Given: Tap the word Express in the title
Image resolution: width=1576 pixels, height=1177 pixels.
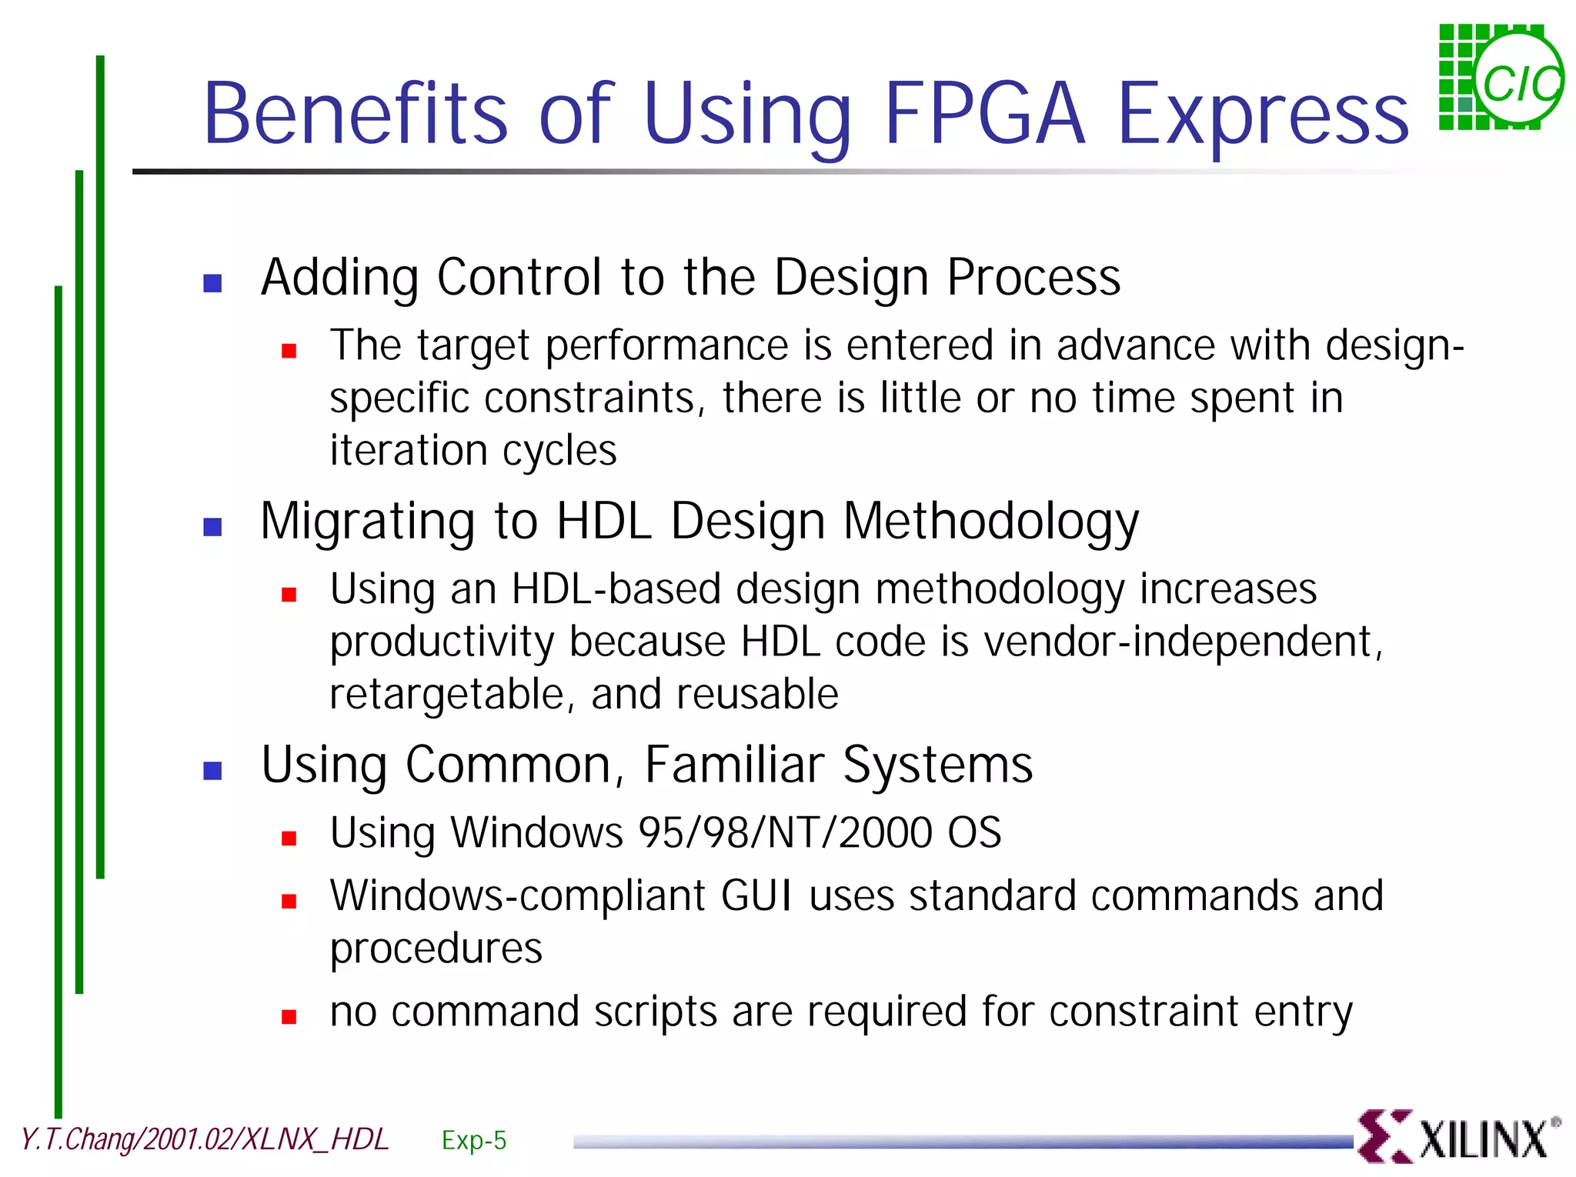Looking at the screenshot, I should (1262, 115).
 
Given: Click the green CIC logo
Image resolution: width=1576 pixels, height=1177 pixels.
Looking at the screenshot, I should (1501, 78).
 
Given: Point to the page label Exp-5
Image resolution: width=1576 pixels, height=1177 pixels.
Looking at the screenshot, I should (474, 1140).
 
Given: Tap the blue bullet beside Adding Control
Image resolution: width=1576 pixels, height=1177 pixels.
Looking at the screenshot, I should (212, 283).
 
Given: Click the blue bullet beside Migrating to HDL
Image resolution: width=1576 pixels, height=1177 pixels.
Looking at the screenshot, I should (212, 527).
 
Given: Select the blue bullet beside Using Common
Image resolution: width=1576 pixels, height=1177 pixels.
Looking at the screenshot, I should (212, 771).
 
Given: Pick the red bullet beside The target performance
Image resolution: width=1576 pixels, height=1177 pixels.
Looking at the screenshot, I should (289, 352).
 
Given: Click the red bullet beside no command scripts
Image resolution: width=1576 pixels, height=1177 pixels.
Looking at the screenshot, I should (289, 1018).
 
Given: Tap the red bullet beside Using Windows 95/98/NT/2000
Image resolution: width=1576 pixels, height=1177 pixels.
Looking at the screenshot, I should (289, 839).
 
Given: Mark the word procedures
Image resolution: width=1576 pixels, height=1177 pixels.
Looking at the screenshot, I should (436, 949).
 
